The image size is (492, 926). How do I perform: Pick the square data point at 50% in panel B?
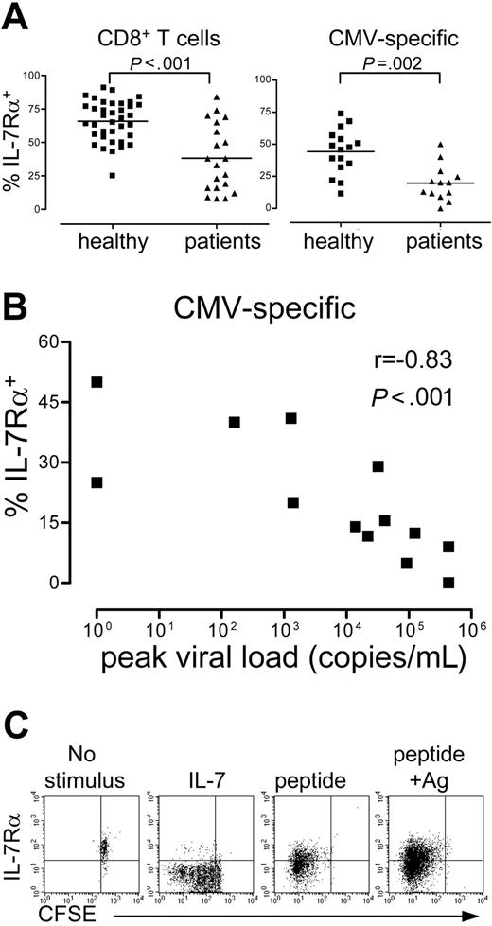click(x=97, y=382)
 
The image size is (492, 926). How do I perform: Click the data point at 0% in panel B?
click(x=448, y=583)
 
